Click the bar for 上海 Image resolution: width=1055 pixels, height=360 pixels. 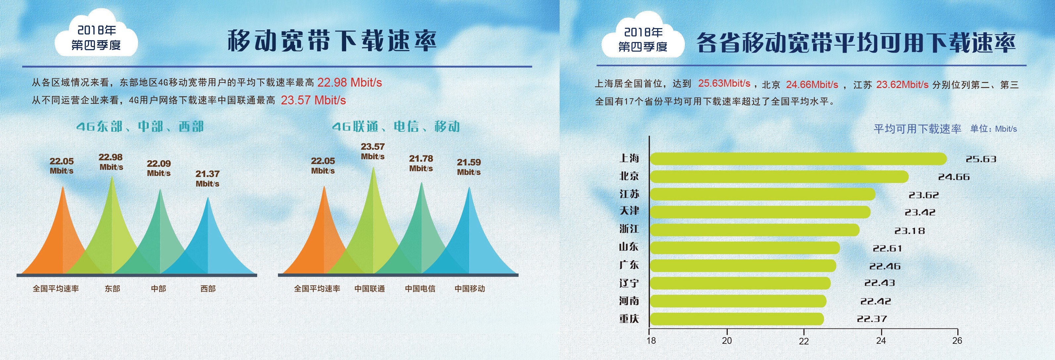point(798,159)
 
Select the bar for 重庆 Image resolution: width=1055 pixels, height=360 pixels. point(736,319)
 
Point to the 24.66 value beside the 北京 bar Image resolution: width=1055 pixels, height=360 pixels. point(953,177)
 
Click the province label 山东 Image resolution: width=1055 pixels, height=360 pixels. point(629,247)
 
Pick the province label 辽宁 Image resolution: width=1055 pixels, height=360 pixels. point(629,283)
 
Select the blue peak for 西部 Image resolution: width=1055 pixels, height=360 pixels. point(208,242)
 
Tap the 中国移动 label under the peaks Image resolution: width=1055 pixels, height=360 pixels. point(469,289)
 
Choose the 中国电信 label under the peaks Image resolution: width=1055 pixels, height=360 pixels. point(420,289)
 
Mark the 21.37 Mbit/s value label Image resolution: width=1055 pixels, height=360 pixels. point(207,179)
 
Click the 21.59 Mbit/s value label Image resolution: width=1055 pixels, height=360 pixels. point(469,167)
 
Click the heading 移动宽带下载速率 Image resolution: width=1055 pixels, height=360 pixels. point(332,41)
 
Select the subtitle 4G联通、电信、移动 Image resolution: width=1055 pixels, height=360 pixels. point(396,126)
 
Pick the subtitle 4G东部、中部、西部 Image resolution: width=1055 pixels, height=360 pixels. point(140,126)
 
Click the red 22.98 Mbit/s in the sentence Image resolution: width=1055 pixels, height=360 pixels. point(349,83)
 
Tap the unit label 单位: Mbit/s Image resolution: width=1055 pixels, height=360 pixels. point(993,129)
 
